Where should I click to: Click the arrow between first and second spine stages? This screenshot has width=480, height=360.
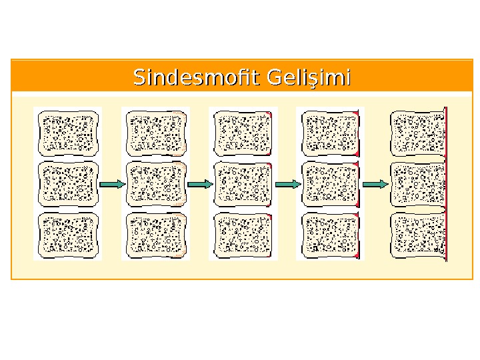point(112,184)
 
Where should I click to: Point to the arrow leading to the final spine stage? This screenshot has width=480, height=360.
point(376,184)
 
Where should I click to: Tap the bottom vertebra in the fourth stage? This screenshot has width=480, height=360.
point(330,235)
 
